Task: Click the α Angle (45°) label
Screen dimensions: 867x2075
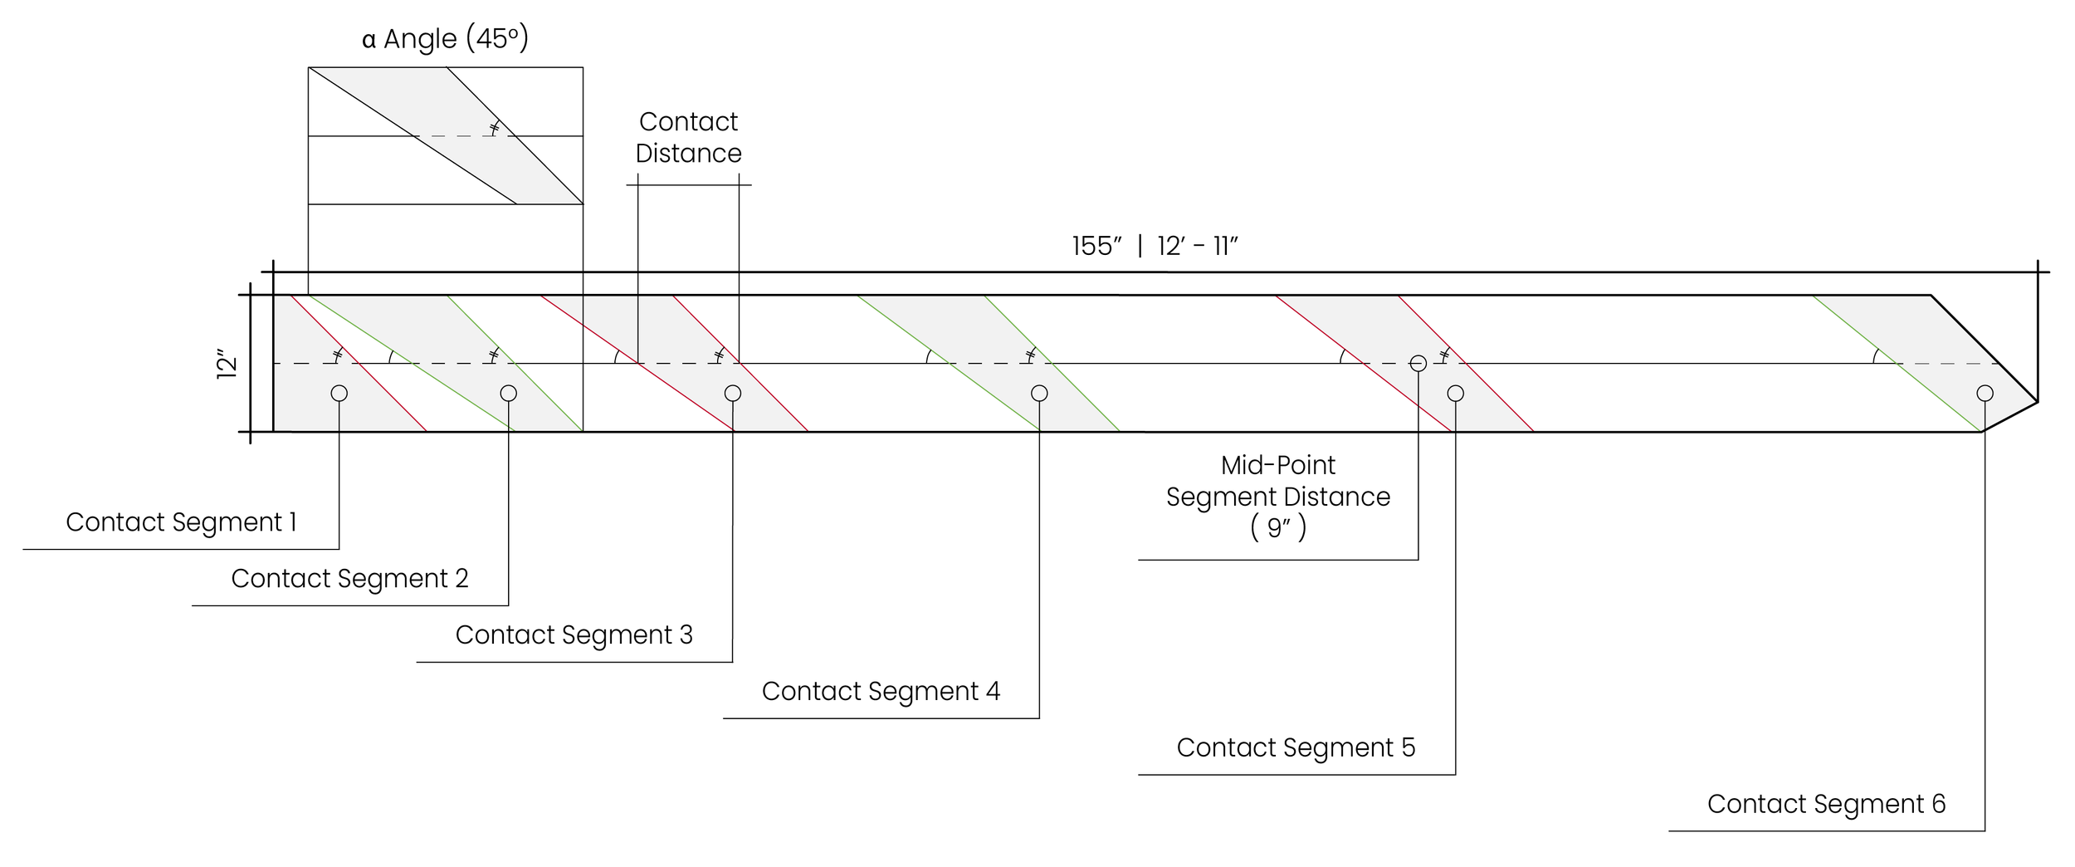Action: (x=445, y=39)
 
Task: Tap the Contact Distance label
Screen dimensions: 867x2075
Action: (x=688, y=138)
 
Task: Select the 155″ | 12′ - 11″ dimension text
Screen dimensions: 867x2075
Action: (x=1155, y=247)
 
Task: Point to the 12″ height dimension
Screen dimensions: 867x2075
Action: (x=227, y=366)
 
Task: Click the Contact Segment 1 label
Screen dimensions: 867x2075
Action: (x=181, y=522)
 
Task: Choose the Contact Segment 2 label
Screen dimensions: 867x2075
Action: (x=349, y=579)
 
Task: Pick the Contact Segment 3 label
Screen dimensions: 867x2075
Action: (x=574, y=635)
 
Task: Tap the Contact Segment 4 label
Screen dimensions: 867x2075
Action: (x=881, y=692)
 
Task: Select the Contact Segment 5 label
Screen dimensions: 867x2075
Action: (x=1296, y=748)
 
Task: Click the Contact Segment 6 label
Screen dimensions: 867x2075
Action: (x=1826, y=805)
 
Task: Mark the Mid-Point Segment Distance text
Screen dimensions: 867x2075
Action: (x=1277, y=482)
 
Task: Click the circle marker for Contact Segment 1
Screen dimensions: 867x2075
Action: (x=339, y=394)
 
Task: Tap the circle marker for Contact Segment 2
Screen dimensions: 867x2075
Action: (x=509, y=394)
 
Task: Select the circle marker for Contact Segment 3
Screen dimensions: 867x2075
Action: (x=732, y=394)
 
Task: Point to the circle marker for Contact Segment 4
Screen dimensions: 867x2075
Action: (x=1039, y=394)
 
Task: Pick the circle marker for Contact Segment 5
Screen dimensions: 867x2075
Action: (x=1456, y=394)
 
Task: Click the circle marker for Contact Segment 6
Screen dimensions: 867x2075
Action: (x=1985, y=394)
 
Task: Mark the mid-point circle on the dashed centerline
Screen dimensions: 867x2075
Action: (x=1418, y=364)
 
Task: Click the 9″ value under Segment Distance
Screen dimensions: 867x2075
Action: (x=1278, y=529)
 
